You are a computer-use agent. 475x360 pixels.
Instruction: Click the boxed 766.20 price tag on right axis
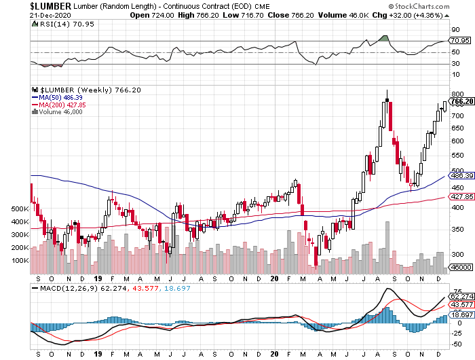(461, 101)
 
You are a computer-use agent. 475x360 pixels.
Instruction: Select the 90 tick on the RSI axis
(455, 31)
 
